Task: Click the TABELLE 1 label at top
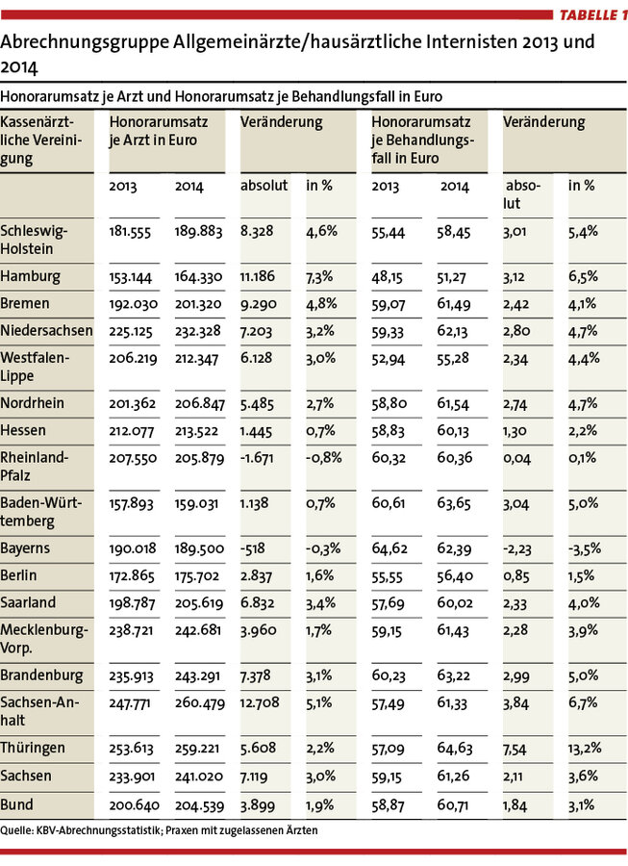coord(593,14)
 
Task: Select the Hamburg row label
coord(31,277)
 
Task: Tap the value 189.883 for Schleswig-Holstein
coord(199,231)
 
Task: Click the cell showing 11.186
coord(257,276)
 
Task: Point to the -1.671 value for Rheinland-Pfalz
coord(257,458)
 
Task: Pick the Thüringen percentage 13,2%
coord(585,749)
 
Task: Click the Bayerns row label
coord(25,548)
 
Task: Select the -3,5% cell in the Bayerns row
coord(585,549)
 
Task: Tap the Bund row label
coord(16,804)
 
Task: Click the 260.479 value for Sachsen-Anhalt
coord(200,703)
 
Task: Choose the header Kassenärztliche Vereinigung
coord(40,140)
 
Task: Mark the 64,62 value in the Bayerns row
coord(389,549)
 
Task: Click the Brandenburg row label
coord(41,675)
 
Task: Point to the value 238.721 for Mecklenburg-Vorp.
coord(133,630)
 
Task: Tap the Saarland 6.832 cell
coord(257,603)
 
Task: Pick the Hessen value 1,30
coord(515,431)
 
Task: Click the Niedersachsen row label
coord(46,331)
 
